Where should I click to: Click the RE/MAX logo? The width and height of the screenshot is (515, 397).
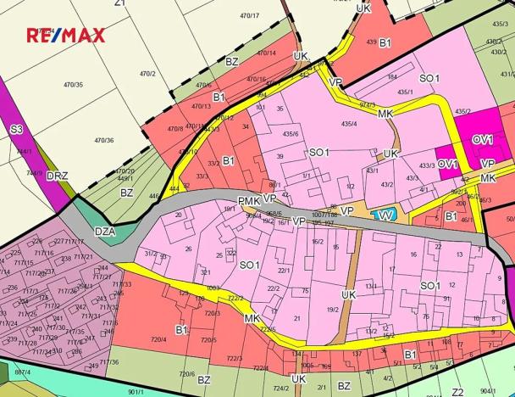coord(66,36)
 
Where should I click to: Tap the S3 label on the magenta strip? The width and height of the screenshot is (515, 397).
coord(16,130)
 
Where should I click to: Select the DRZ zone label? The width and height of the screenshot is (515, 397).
coord(58,176)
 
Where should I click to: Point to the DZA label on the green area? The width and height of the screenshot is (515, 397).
coord(105,231)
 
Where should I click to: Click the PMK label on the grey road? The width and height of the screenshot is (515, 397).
coord(248,200)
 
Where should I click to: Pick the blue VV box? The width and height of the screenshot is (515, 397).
coord(386,215)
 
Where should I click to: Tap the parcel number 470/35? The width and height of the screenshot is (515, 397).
coord(74,85)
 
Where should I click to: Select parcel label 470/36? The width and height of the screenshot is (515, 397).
coord(104,140)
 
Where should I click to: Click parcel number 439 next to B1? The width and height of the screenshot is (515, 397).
coord(371,42)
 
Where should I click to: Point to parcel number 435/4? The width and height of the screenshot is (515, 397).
coord(349,124)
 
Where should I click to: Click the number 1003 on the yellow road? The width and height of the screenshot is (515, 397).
coord(213,288)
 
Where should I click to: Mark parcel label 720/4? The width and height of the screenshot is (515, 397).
coord(158,339)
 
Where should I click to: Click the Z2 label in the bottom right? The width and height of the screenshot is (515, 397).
coord(457,391)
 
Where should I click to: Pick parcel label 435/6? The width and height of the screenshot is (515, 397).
coord(291,133)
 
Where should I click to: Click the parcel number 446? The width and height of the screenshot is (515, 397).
coord(154,195)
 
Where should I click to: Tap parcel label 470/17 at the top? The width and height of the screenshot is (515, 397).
coord(249,15)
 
